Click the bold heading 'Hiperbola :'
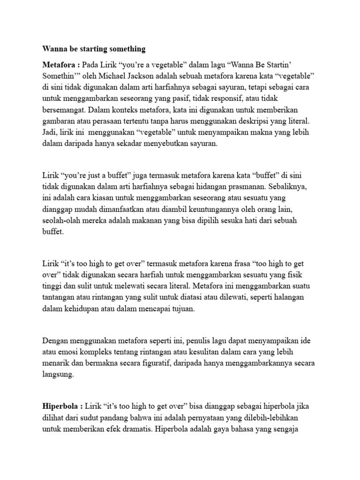pos(61,406)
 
